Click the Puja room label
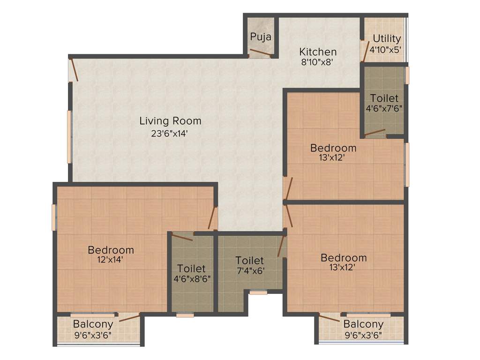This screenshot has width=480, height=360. pos(261,37)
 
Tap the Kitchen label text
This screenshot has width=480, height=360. pos(318,52)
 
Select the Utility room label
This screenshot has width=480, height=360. pos(387,38)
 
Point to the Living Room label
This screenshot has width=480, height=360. pos(170,121)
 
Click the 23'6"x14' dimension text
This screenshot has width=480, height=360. pos(170,133)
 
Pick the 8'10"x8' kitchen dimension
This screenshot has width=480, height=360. pos(318,62)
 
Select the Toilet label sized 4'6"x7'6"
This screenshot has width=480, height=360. pos(384,98)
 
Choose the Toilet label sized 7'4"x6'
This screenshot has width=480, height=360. pos(249,260)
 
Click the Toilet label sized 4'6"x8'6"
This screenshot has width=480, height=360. pos(191,269)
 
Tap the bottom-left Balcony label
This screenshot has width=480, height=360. pos(93,324)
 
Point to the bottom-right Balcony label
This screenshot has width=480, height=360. pos(363,324)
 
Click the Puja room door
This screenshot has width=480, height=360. pos(261,53)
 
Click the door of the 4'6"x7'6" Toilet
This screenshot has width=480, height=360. pos(375,133)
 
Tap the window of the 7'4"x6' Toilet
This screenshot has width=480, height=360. pos(258,292)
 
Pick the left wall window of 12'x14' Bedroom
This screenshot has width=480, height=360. pos(53,217)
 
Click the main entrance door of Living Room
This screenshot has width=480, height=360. pos(73,70)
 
